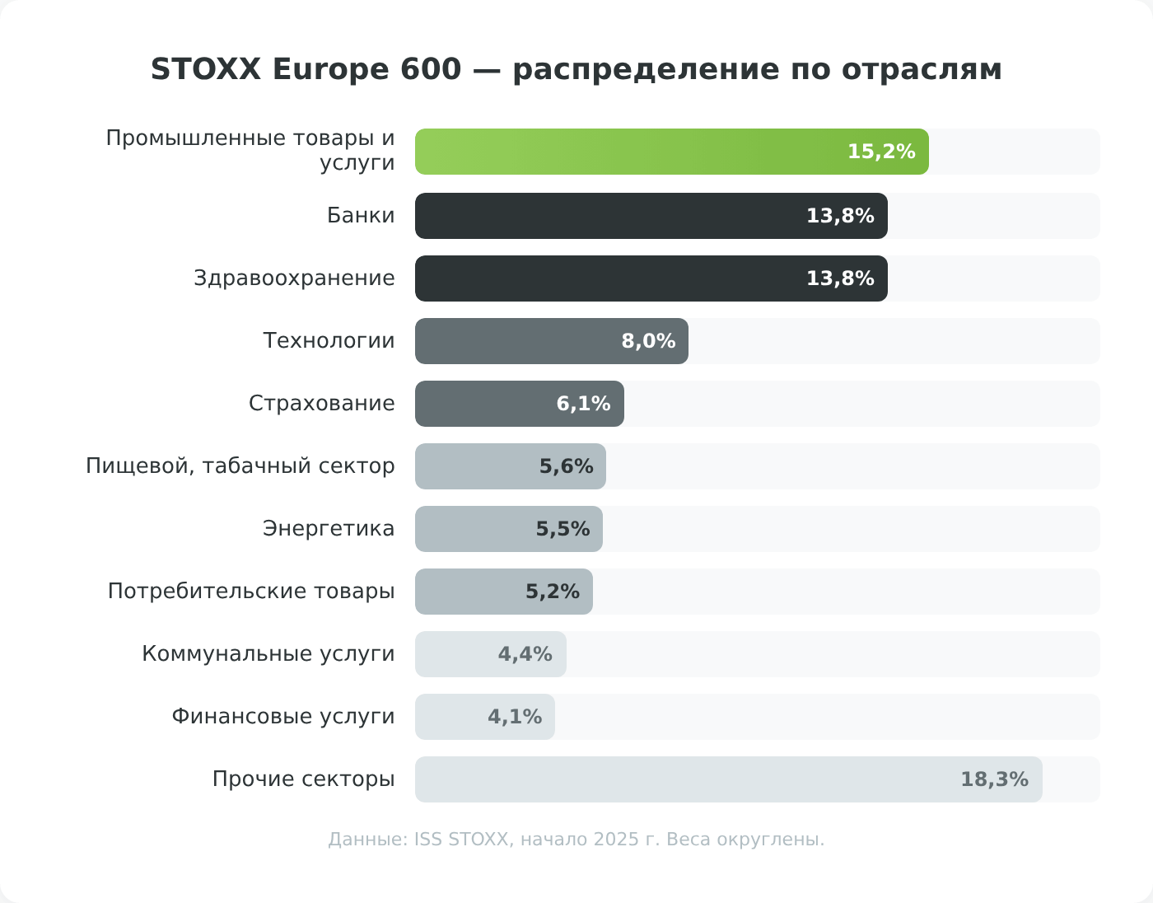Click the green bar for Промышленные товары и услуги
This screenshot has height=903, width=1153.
[626, 152]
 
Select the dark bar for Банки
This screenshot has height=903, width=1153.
[609, 216]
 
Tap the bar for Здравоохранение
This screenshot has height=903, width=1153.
[609, 278]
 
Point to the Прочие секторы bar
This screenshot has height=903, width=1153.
[684, 779]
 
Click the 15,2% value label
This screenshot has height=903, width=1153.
[881, 152]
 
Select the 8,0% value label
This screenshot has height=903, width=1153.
[648, 341]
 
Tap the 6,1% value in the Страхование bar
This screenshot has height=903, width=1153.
[583, 404]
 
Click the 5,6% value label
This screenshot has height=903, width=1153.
[566, 466]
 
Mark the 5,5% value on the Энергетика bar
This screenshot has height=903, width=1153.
[562, 529]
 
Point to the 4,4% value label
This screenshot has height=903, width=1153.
[525, 654]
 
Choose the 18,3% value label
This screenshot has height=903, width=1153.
[994, 779]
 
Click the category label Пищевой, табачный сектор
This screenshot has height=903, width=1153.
[240, 466]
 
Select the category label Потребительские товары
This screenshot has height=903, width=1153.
[251, 592]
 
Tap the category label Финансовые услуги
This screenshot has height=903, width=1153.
[283, 717]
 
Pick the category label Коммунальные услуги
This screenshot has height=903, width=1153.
[268, 654]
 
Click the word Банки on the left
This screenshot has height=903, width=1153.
[361, 216]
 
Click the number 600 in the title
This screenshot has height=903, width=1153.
[431, 69]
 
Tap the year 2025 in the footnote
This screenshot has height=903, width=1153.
[616, 840]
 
